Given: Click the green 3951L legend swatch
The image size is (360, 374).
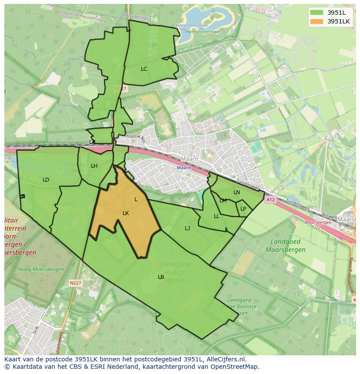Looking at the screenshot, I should (x=317, y=12).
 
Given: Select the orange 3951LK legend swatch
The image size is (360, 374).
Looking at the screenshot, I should (x=317, y=21).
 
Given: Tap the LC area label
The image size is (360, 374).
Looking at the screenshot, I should (x=144, y=69).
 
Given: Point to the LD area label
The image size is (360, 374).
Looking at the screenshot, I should (x=46, y=180).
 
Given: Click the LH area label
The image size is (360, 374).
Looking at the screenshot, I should (x=94, y=166).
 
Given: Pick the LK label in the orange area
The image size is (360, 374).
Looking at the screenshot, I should (x=126, y=213).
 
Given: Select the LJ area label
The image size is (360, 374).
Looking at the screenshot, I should (x=187, y=228).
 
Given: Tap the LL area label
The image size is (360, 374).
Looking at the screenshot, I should (x=217, y=216).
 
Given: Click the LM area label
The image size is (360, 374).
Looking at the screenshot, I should (x=223, y=201).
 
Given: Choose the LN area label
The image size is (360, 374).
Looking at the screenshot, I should (x=237, y=192).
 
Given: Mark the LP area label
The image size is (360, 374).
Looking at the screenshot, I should (x=243, y=209).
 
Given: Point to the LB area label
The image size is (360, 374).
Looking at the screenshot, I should (x=161, y=277).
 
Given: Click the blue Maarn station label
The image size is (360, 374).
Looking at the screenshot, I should (x=184, y=168).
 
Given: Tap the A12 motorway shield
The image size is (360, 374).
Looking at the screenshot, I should (x=270, y=200).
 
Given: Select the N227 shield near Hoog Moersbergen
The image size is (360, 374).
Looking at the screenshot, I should (x=75, y=283).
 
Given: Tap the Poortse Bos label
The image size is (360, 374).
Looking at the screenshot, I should (x=133, y=136).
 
